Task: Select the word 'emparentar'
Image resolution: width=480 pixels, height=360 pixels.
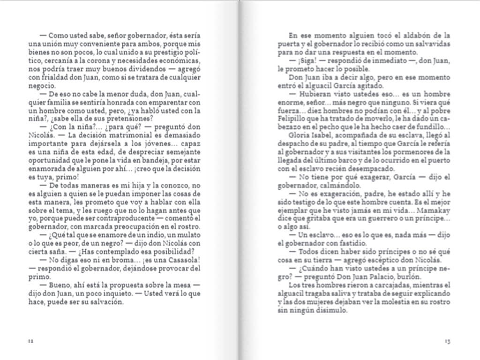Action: pyautogui.click(x=168, y=103)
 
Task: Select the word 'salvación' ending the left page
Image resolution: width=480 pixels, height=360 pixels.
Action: pyautogui.click(x=108, y=302)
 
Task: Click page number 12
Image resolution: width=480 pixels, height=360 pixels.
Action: pyautogui.click(x=30, y=341)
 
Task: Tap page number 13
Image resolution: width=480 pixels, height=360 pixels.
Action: pyautogui.click(x=447, y=341)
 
